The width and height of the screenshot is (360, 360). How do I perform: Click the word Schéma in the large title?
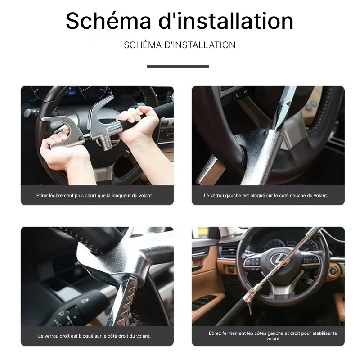coord(108,21)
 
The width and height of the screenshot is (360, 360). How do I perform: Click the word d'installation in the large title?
coord(226,21)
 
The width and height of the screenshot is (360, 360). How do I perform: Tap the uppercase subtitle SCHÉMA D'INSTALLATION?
coord(180,45)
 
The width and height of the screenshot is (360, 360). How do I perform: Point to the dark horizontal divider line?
coord(178,67)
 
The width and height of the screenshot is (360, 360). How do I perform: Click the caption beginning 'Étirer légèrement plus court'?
coord(94,196)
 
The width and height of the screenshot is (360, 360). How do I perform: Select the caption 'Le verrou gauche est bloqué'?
coord(266,196)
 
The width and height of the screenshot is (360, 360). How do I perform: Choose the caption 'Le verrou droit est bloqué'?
coord(94,336)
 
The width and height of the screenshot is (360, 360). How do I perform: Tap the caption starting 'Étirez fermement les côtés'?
coord(273,336)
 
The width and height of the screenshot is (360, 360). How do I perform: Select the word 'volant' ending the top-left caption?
coord(145,196)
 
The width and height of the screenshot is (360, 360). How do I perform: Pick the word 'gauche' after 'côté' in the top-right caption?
coord(297,196)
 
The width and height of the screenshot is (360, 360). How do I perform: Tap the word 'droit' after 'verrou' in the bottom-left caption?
coord(65,336)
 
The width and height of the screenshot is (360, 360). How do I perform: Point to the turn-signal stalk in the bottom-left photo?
coord(76,308)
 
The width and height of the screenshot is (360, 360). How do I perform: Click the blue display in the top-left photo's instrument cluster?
coord(71,93)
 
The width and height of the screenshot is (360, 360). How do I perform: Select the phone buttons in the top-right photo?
coord(241,94)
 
